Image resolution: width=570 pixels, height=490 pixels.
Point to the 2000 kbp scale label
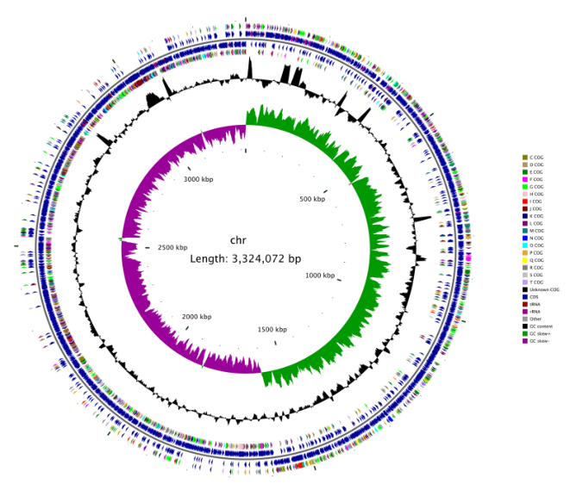tap(197, 317)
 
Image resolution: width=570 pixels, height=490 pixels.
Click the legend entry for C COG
tap(536, 158)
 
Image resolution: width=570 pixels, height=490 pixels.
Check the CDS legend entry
tap(534, 296)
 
